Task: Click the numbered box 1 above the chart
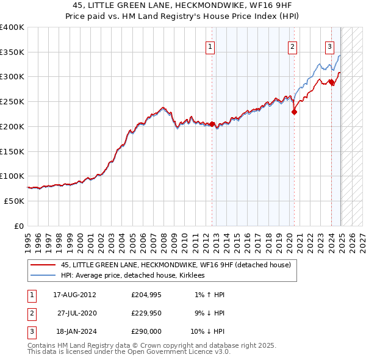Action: [210, 47]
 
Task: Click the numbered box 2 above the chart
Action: [293, 47]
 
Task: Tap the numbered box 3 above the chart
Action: [329, 47]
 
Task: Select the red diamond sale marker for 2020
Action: [294, 112]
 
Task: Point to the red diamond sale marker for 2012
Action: [212, 124]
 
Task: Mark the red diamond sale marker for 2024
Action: [332, 82]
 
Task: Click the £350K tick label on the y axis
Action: [12, 52]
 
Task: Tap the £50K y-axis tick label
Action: [15, 201]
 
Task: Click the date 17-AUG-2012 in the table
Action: [74, 295]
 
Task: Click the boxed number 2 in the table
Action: [30, 313]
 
